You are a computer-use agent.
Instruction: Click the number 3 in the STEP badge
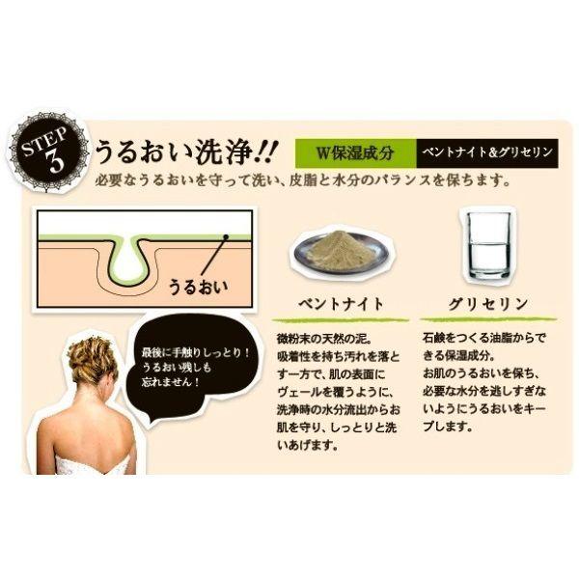(55, 162)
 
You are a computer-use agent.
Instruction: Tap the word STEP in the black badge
(44, 141)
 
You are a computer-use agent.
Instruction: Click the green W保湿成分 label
(355, 152)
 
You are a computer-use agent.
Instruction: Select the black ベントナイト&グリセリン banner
(487, 152)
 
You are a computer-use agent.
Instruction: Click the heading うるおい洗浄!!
(184, 152)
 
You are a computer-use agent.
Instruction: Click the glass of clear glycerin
(488, 245)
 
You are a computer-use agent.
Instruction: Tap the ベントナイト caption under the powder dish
(341, 304)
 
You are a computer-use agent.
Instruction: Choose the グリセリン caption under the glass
(488, 304)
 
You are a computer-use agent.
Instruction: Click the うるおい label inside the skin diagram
(198, 287)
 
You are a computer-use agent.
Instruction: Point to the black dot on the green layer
(226, 236)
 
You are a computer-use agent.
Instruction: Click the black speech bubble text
(196, 368)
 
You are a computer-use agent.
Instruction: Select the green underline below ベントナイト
(341, 319)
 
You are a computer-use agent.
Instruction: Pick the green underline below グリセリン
(488, 318)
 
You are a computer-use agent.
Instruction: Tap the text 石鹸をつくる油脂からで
(484, 338)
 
